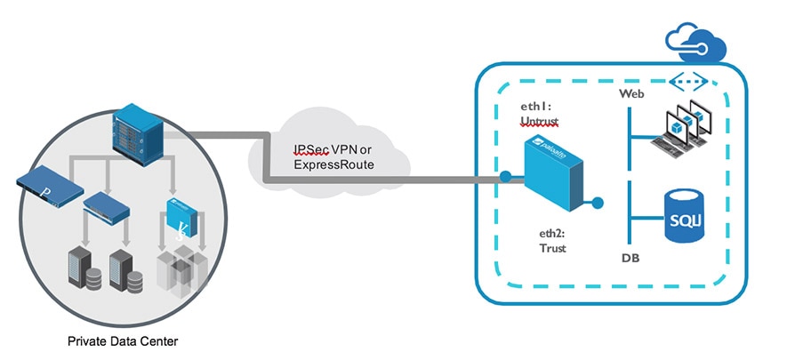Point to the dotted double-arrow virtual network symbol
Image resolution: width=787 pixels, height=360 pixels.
[693, 83]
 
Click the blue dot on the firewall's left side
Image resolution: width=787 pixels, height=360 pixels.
[505, 176]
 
